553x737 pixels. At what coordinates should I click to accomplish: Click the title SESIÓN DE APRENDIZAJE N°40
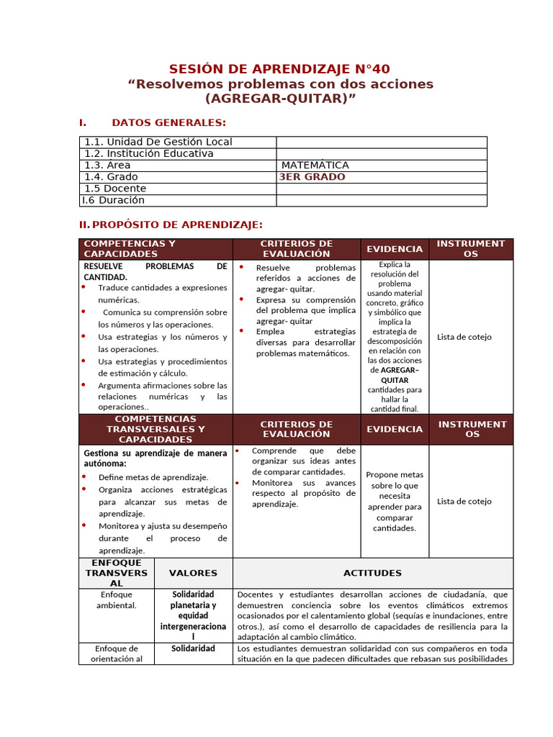pyautogui.click(x=279, y=69)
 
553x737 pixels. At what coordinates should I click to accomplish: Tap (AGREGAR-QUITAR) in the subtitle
pyautogui.click(x=280, y=99)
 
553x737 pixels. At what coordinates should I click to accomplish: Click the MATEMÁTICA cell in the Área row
pyautogui.click(x=315, y=166)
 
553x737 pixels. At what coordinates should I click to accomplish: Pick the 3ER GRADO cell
pyautogui.click(x=312, y=177)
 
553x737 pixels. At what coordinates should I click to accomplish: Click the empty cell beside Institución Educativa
pyautogui.click(x=381, y=154)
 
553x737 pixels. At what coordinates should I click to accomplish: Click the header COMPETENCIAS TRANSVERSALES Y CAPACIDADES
pyautogui.click(x=155, y=429)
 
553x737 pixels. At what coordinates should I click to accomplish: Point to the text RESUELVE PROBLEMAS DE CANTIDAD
pyautogui.click(x=155, y=271)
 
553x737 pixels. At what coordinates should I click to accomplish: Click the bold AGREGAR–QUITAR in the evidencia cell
pyautogui.click(x=395, y=375)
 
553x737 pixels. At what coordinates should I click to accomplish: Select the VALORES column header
pyautogui.click(x=193, y=573)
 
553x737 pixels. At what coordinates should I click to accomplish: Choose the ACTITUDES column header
pyautogui.click(x=372, y=573)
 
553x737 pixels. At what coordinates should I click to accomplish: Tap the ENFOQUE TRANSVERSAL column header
pyautogui.click(x=117, y=573)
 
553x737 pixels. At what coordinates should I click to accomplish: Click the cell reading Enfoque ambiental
pyautogui.click(x=117, y=600)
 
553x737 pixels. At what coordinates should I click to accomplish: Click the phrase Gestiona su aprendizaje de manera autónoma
pyautogui.click(x=155, y=458)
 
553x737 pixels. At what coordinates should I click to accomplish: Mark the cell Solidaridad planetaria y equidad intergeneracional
pyautogui.click(x=193, y=615)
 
